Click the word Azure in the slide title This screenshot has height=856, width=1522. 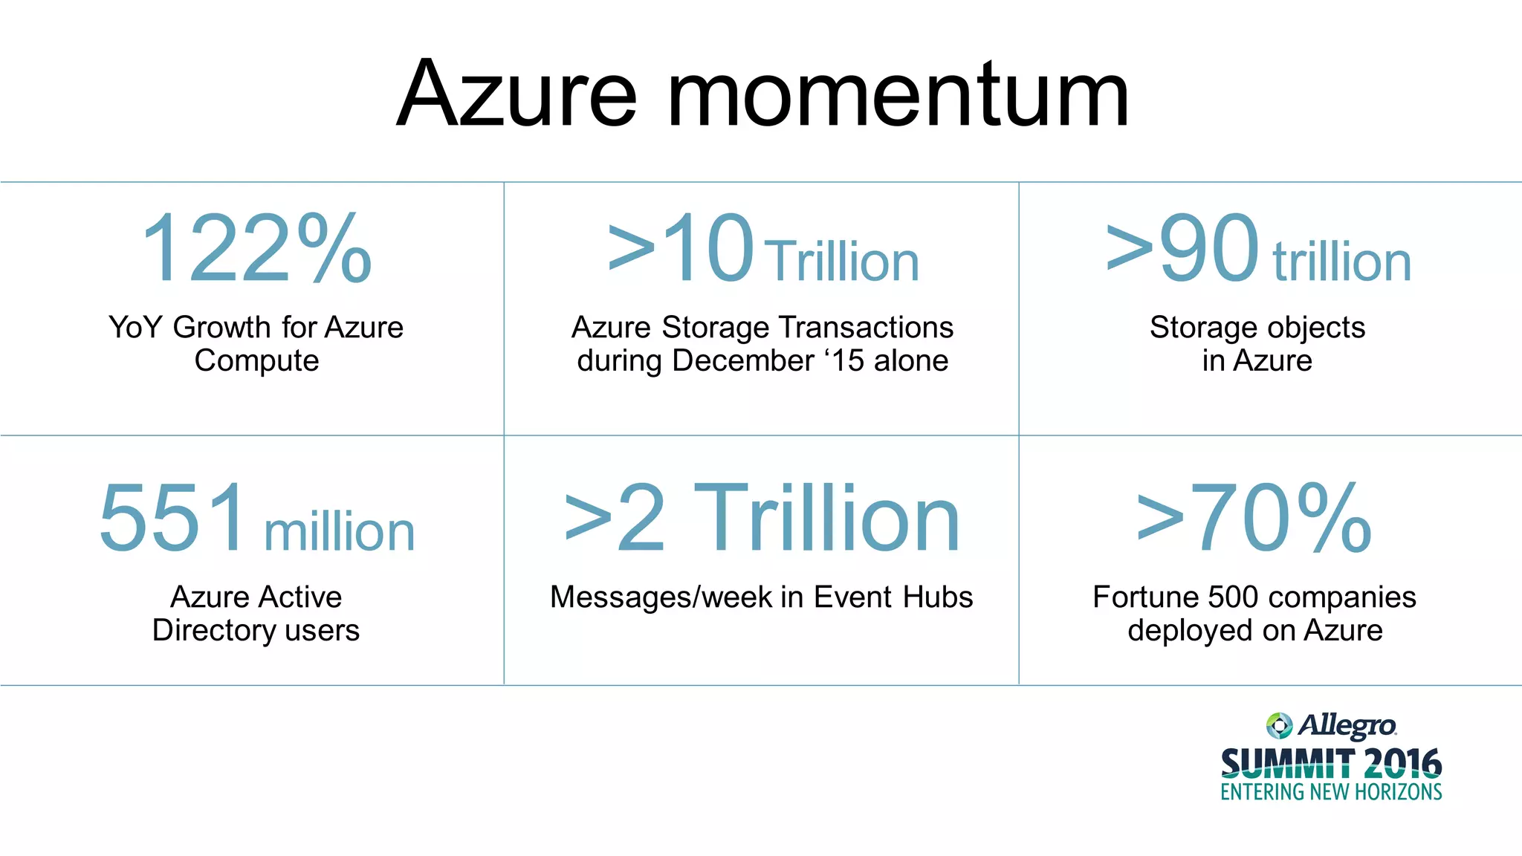pos(517,94)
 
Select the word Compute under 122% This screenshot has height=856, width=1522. pos(256,361)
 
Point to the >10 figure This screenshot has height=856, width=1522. pos(681,249)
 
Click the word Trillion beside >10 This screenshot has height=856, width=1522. pos(841,262)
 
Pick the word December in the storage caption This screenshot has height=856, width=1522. pos(743,361)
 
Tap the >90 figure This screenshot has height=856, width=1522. pos(1182,249)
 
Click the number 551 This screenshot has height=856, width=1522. pos(172,517)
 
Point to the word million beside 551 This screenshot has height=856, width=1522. pos(340,532)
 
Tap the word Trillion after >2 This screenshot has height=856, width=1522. pos(826,519)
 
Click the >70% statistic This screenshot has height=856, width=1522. pos(1254,519)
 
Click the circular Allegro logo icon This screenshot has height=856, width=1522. pos(1279,725)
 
